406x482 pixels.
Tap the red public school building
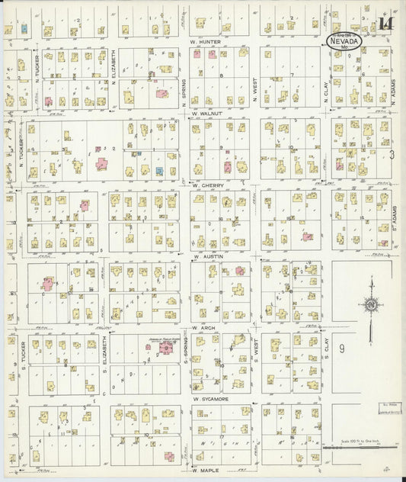coord(165,350)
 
